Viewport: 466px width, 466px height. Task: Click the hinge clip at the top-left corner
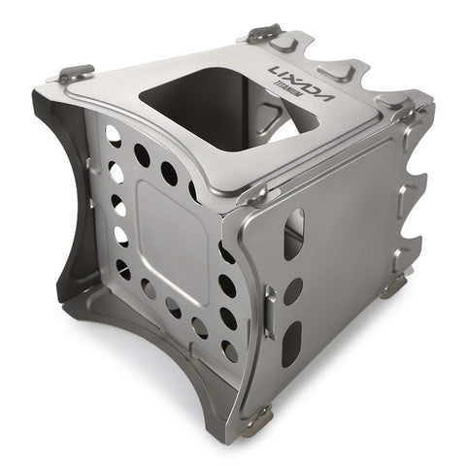pyautogui.click(x=76, y=74)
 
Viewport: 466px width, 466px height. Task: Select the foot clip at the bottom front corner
pyautogui.click(x=256, y=419)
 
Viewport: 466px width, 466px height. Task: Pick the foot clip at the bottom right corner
pyautogui.click(x=393, y=285)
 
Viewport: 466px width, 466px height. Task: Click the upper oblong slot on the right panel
pyautogui.click(x=294, y=233)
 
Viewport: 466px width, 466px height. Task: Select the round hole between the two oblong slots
pyautogui.click(x=293, y=290)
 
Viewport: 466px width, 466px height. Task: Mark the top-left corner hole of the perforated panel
pyautogui.click(x=115, y=135)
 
